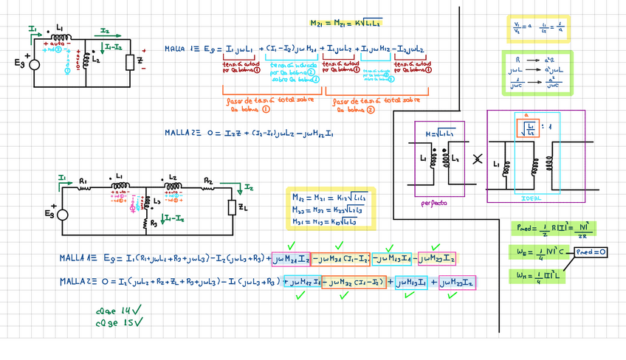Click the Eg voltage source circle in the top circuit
34,64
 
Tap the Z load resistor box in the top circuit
130,60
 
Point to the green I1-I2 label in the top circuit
114,47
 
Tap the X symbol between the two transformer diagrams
477,158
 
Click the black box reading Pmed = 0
591,252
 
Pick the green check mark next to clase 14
137,311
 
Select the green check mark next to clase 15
137,322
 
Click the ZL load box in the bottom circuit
232,209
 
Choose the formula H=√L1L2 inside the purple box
439,132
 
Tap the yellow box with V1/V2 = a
537,29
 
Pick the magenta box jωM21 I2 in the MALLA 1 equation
291,258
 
